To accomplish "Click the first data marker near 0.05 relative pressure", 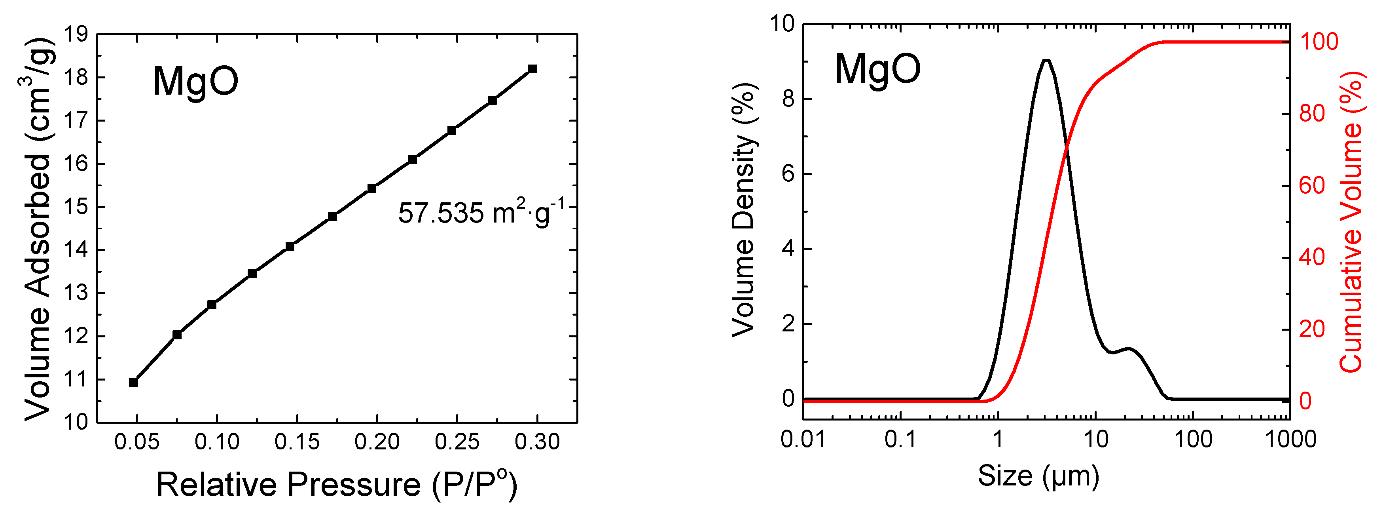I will [x=133, y=382].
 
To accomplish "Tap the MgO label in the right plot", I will [x=877, y=69].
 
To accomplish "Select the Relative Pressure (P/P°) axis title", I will [x=337, y=484].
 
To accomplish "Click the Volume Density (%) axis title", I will [x=744, y=210].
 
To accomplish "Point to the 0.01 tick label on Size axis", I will [x=803, y=440].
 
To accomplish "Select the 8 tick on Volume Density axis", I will [x=789, y=99].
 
